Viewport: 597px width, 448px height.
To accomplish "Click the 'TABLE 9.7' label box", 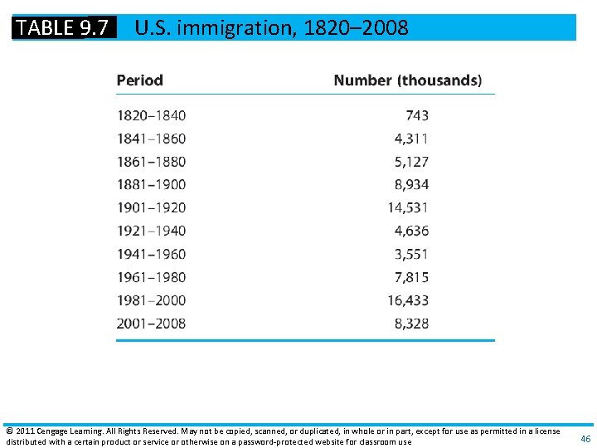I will (63, 27).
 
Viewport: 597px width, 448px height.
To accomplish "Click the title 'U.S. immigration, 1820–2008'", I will (271, 27).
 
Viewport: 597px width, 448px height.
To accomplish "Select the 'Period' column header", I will (139, 80).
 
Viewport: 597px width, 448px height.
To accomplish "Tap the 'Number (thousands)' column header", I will (407, 80).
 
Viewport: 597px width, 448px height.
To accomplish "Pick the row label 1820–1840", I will (151, 115).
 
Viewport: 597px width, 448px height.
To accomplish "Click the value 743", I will (417, 115).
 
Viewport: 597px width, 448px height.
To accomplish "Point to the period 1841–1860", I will (151, 139).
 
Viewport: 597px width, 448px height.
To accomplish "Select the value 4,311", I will (411, 139).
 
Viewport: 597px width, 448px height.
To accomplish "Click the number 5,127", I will (411, 162).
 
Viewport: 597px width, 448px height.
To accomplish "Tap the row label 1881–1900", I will (151, 184).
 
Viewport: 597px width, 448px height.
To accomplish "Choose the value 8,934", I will (411, 184).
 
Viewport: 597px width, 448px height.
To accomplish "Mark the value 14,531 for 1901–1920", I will (408, 207).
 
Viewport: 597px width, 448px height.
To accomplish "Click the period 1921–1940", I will (151, 231).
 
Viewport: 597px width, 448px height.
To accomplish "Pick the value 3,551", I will (411, 254).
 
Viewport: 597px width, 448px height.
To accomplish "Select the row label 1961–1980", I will (151, 277).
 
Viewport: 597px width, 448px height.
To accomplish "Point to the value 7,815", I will (411, 277).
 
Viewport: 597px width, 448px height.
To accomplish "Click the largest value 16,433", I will (408, 300).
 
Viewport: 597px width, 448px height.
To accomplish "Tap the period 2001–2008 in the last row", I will (151, 324).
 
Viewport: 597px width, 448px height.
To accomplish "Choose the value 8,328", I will (411, 324).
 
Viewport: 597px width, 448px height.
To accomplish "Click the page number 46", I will (585, 438).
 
